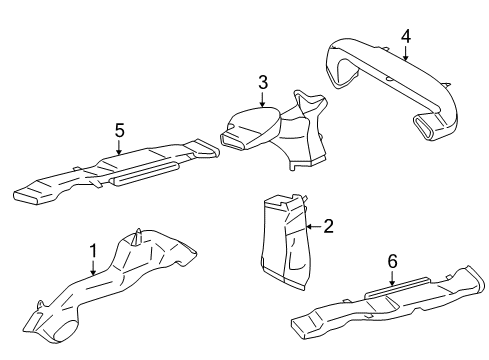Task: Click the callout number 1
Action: [92, 249]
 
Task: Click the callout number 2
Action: [327, 227]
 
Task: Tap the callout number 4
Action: [405, 36]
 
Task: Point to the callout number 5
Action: [119, 130]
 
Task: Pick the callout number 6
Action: [392, 261]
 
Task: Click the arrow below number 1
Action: [92, 266]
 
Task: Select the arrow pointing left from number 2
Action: [310, 227]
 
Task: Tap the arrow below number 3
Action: [262, 100]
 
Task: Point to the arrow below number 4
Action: [405, 53]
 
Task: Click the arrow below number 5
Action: [119, 147]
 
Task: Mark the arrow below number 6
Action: [392, 278]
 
